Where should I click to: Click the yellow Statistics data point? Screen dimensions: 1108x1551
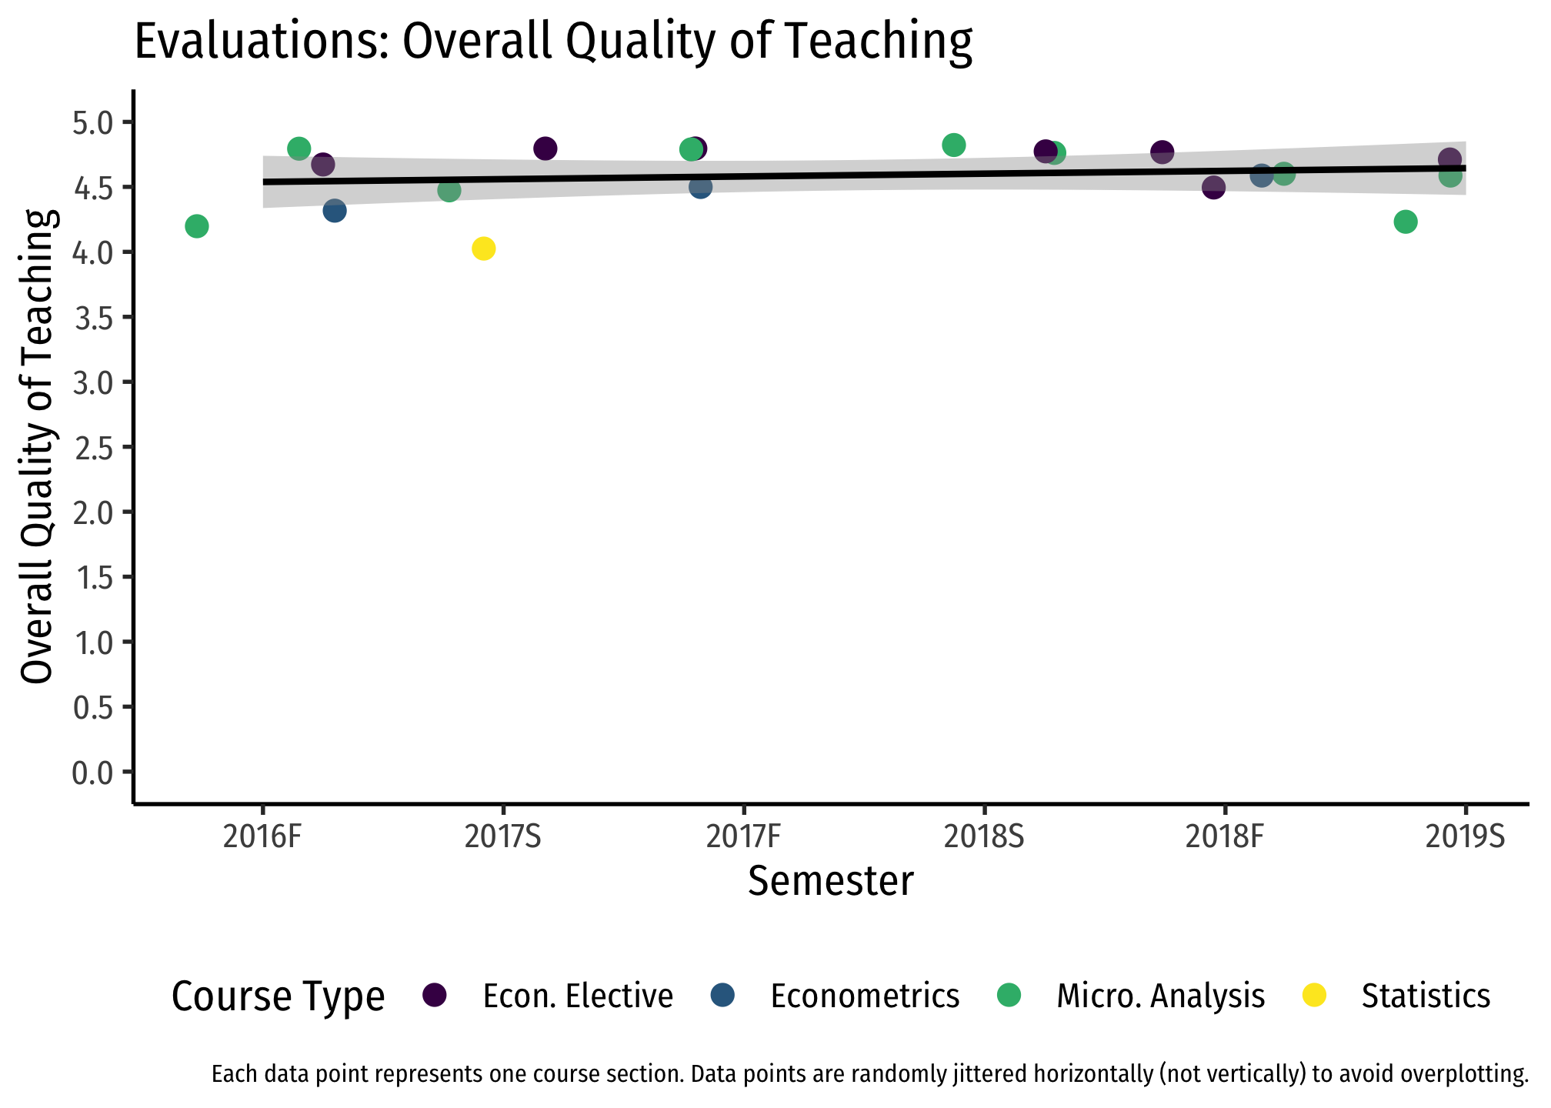483,249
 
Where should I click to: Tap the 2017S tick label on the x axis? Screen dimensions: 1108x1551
503,837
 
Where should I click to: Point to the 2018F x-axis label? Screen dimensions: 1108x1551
1225,837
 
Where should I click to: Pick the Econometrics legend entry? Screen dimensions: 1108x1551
865,996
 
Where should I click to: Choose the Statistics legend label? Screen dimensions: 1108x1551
1426,996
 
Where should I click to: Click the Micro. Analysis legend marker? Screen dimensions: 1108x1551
1009,995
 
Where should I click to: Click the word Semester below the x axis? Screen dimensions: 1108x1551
831,882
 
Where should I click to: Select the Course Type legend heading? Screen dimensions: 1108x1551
278,997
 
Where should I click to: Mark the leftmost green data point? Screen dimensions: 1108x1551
197,226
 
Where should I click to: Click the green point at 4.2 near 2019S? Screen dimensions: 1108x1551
1406,222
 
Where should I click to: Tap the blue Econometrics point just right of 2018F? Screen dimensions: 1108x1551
1262,175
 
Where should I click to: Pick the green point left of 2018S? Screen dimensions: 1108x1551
954,145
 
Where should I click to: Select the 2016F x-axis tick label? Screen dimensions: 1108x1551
262,837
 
